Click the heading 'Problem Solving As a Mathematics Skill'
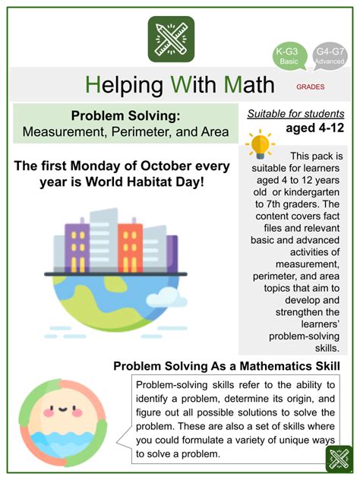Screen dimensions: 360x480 (226, 365)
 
